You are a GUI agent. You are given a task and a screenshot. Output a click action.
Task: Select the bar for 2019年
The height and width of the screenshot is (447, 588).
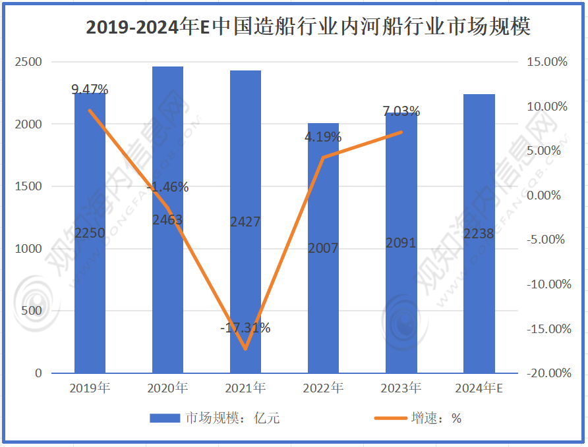point(90,276)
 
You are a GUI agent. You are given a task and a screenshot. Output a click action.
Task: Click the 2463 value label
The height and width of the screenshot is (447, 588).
point(167,220)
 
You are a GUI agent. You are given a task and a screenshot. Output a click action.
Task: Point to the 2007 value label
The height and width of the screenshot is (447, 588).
point(323,248)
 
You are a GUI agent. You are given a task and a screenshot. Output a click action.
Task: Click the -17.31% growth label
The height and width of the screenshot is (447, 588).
point(245,327)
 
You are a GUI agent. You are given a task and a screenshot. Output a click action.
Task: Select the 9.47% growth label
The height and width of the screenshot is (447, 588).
point(90,90)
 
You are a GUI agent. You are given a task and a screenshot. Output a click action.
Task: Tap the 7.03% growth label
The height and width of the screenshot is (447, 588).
point(401,111)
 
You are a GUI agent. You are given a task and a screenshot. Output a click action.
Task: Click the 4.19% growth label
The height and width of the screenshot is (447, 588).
point(323,137)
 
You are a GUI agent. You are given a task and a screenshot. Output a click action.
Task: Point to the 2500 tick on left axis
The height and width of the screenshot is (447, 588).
point(29,62)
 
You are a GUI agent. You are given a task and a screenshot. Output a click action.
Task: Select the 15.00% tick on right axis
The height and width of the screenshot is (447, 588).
point(546,62)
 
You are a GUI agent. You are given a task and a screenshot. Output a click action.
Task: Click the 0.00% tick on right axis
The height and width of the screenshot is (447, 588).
point(548,196)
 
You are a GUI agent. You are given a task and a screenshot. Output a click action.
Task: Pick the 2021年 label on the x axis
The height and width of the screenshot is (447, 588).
point(245,388)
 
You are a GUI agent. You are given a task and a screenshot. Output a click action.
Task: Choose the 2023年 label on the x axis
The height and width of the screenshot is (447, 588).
point(401,388)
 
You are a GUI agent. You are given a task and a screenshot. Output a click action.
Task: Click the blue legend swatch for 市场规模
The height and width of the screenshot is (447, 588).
point(164,418)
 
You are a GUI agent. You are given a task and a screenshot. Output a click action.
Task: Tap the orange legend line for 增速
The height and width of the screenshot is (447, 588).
point(389,418)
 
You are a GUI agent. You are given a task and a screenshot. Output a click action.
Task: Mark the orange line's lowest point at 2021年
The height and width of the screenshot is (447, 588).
point(245,349)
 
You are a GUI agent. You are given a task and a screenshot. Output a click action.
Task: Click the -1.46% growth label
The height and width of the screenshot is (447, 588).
point(167,187)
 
